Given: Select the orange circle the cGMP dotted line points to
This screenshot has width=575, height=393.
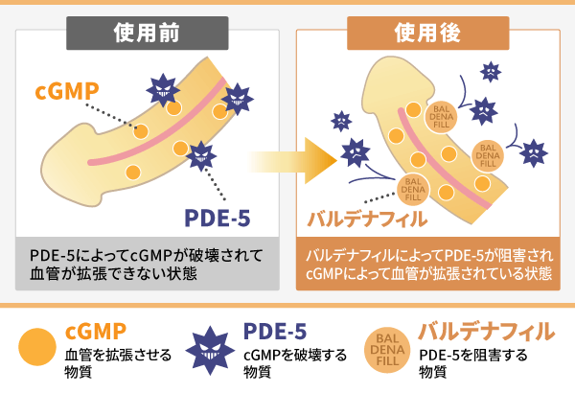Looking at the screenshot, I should point(141,131).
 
